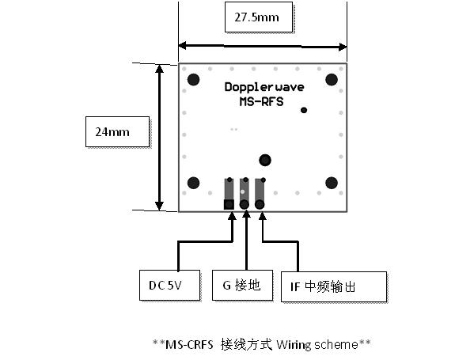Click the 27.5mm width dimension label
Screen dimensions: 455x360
(259, 17)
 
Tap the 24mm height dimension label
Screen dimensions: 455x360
(118, 131)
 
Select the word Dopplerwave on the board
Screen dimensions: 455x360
(264, 87)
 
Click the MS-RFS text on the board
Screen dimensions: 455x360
(261, 101)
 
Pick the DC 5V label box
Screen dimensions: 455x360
(170, 285)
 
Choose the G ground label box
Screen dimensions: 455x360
(242, 285)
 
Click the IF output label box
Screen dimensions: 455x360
(334, 286)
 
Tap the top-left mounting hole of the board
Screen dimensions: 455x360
(194, 79)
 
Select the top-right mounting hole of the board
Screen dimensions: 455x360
(332, 79)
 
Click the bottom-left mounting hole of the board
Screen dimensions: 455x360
(194, 183)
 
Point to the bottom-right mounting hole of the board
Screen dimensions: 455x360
(332, 183)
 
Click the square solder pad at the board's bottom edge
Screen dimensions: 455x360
(229, 204)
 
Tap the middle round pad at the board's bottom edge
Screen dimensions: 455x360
(245, 204)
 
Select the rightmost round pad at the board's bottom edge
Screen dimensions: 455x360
(260, 204)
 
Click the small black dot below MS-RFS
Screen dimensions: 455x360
(304, 110)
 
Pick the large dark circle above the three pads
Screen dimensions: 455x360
(265, 160)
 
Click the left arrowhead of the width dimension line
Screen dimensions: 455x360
(182, 46)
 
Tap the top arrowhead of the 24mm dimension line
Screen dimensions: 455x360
(159, 69)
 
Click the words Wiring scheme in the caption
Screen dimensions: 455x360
(317, 345)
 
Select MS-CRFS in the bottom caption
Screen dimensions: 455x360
(189, 345)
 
